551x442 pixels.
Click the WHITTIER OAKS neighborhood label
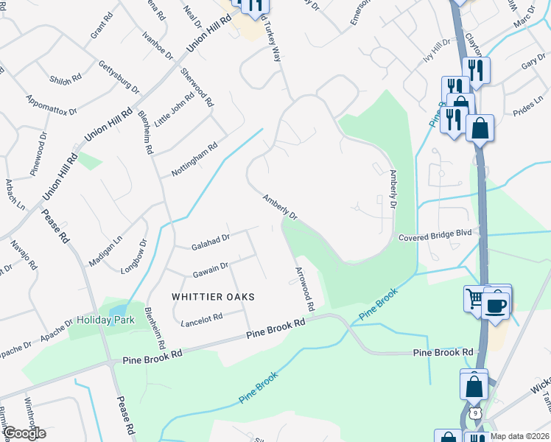click(x=213, y=296)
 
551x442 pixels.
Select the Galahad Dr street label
click(x=211, y=238)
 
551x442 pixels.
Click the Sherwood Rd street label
click(x=197, y=88)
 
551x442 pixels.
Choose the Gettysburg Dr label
click(x=119, y=77)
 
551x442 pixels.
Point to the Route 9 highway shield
click(x=476, y=413)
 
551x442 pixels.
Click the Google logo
click(x=24, y=433)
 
